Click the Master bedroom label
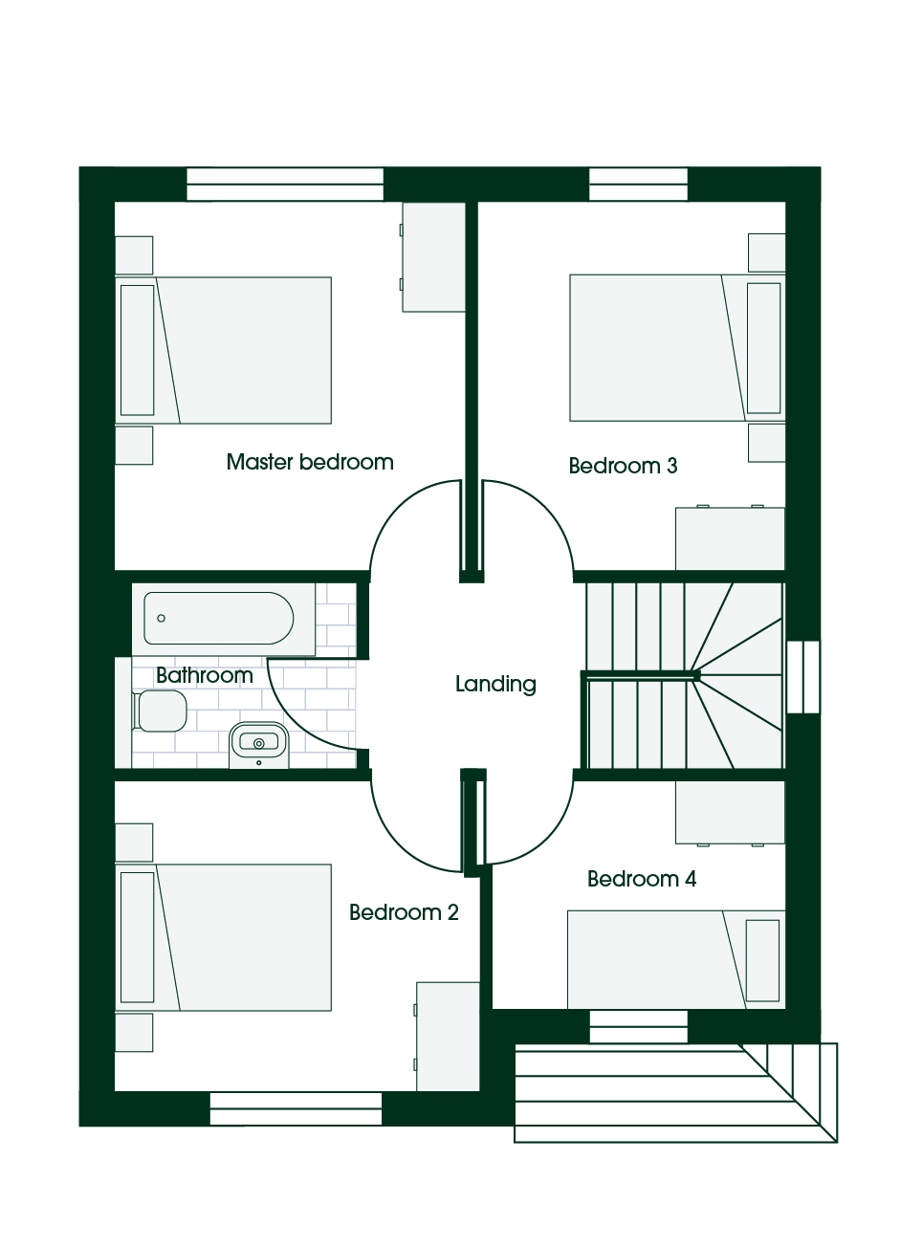click(x=310, y=463)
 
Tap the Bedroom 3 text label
click(x=623, y=466)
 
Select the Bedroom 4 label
click(x=642, y=879)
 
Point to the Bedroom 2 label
click(x=404, y=912)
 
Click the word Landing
click(x=495, y=684)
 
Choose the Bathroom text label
click(x=205, y=675)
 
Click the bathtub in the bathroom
click(x=218, y=619)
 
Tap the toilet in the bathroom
click(x=160, y=712)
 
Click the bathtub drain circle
click(x=161, y=619)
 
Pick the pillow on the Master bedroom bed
click(x=138, y=350)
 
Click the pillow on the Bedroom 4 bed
click(x=762, y=961)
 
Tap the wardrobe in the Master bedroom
click(x=434, y=257)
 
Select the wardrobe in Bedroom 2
click(x=448, y=1037)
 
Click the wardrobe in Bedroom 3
click(x=730, y=537)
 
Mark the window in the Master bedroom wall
click(x=285, y=184)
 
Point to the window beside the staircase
click(x=803, y=677)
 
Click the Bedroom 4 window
click(x=638, y=1026)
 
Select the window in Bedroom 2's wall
click(x=296, y=1108)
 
